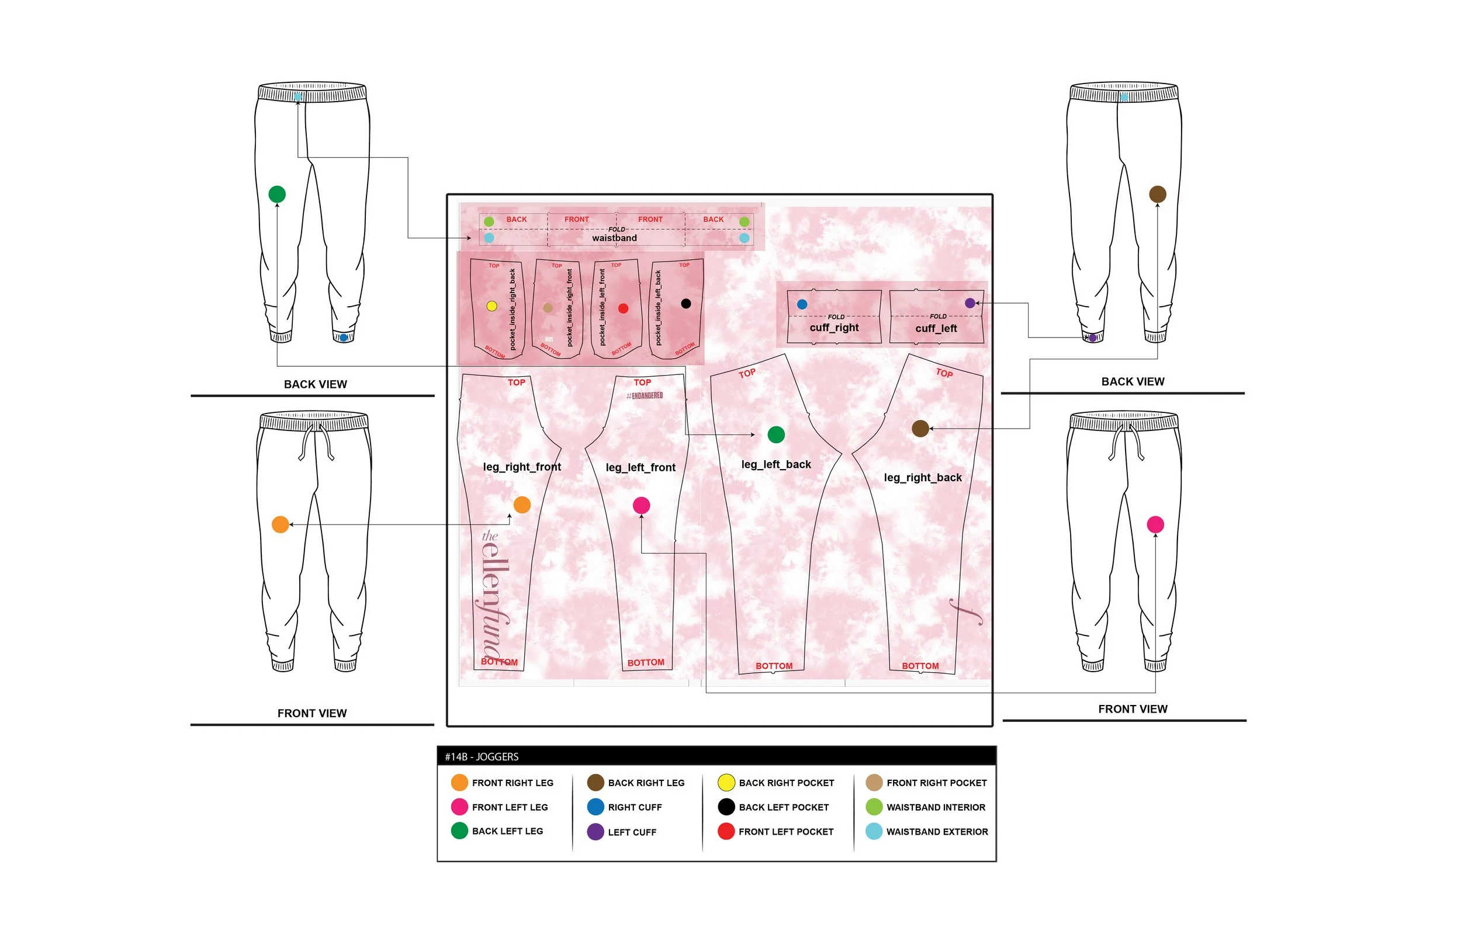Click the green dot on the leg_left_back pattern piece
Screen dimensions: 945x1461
776,435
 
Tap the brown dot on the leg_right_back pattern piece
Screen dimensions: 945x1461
920,428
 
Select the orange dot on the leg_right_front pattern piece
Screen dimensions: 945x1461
522,505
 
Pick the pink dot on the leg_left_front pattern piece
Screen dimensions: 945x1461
641,505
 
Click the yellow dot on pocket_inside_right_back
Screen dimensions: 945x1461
491,306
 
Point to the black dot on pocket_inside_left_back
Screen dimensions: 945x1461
686,303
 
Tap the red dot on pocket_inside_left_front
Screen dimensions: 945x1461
623,308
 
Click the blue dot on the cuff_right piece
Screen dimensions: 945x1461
802,304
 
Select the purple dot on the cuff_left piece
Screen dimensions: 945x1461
970,303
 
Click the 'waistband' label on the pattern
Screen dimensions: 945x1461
614,238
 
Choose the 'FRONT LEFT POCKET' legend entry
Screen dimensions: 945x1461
786,832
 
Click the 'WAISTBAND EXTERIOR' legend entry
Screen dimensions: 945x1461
937,832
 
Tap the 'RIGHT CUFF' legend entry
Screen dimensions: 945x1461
635,807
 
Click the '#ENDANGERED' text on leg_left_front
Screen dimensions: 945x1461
645,396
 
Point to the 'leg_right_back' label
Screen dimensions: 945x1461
923,477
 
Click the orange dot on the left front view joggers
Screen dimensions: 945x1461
280,524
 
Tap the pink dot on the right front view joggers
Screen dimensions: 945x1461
1155,524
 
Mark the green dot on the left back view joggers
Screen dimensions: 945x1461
277,194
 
